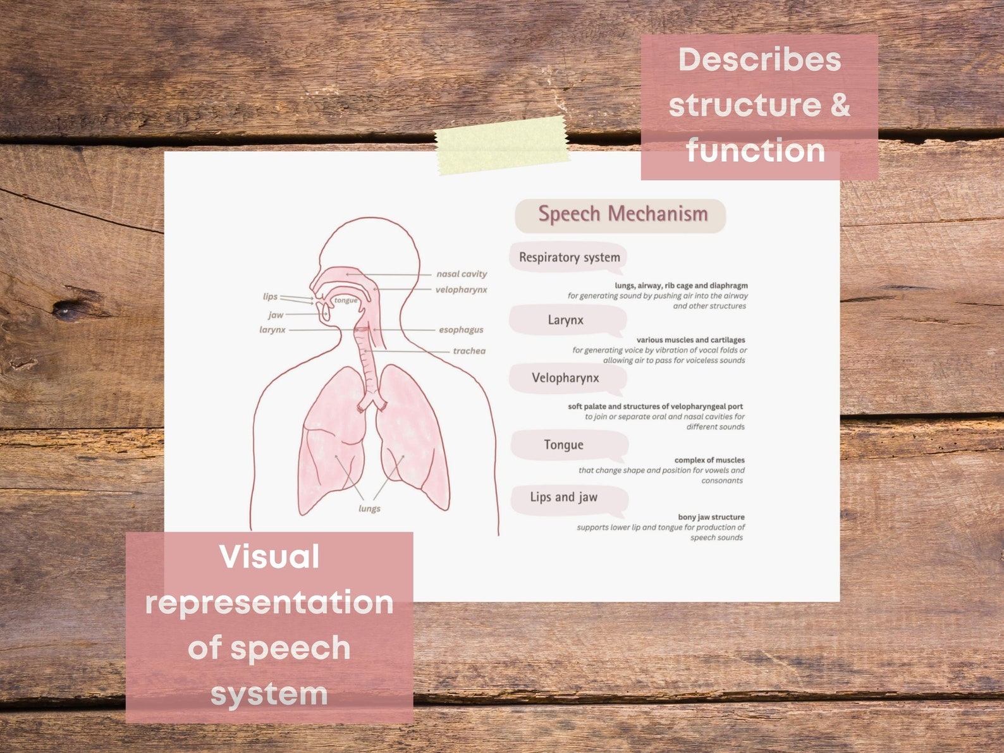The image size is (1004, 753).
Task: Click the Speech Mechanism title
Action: click(x=622, y=214)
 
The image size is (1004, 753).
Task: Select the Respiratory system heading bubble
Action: click(x=569, y=257)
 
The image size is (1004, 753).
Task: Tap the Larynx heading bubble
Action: click(x=565, y=320)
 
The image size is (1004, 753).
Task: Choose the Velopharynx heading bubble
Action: click(x=565, y=378)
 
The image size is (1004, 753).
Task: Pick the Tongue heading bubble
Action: click(x=563, y=445)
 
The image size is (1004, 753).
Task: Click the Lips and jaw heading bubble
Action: click(x=563, y=498)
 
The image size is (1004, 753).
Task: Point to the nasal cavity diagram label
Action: click(x=462, y=274)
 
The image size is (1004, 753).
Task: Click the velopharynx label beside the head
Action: click(x=461, y=290)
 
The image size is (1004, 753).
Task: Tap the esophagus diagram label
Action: click(x=461, y=329)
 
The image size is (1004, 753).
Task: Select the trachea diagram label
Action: click(x=468, y=351)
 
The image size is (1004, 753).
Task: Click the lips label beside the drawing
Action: click(x=270, y=297)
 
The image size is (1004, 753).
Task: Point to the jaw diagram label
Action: click(x=276, y=314)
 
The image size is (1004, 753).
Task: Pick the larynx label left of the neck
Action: click(x=272, y=329)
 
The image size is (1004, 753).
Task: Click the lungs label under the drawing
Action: click(x=369, y=508)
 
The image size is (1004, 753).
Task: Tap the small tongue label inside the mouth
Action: click(x=346, y=300)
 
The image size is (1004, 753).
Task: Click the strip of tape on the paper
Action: click(x=502, y=145)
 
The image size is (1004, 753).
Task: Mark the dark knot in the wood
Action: click(x=66, y=310)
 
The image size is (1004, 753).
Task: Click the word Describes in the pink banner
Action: click(x=759, y=60)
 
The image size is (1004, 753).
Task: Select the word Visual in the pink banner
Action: click(x=269, y=557)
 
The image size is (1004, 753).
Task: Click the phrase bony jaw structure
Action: click(x=711, y=517)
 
